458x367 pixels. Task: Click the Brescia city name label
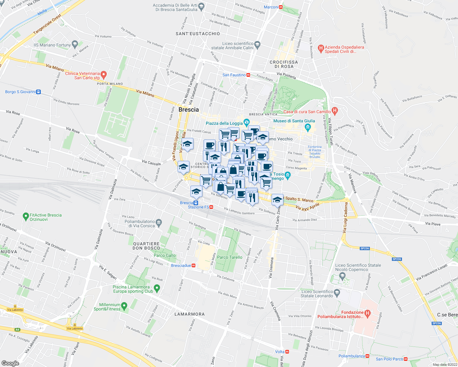click(x=188, y=109)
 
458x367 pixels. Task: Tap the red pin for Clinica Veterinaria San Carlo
click(x=103, y=74)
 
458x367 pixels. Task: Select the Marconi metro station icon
click(x=281, y=7)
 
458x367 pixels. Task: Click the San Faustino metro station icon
click(x=248, y=75)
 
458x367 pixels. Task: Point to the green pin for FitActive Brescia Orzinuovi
click(x=26, y=217)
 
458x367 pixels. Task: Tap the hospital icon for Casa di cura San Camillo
click(x=335, y=111)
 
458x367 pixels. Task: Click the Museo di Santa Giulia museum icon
click(x=308, y=127)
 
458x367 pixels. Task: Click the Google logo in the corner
click(x=10, y=363)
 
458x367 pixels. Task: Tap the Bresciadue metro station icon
click(x=193, y=265)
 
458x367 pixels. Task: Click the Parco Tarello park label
click(x=230, y=257)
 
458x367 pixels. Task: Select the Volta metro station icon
click(x=287, y=352)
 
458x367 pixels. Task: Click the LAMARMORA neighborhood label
click(x=189, y=314)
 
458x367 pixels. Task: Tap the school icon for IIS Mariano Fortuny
click(x=75, y=44)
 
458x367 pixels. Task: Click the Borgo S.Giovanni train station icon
click(x=38, y=92)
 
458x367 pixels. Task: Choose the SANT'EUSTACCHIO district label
click(x=198, y=34)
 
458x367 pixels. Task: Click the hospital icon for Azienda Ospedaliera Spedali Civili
click(x=321, y=48)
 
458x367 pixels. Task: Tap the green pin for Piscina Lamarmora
click(x=157, y=288)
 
